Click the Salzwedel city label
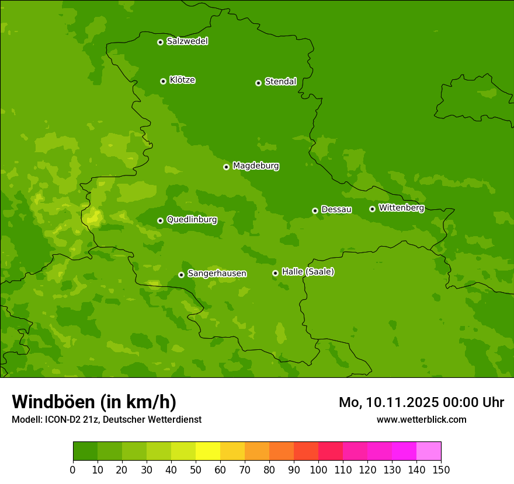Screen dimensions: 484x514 [x=187, y=41]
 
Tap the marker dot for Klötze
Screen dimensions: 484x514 [x=163, y=81]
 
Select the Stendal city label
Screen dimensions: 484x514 [x=280, y=82]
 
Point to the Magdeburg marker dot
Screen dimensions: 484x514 [x=226, y=167]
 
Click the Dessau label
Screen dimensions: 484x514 [x=336, y=209]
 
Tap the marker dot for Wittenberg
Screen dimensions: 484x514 [x=372, y=209]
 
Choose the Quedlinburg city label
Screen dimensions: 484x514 [x=192, y=220]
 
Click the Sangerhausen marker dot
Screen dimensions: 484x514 [x=181, y=275]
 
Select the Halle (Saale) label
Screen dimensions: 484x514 [x=308, y=272]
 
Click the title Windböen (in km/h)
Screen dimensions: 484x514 [x=94, y=402]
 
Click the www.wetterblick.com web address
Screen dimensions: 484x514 [x=421, y=419]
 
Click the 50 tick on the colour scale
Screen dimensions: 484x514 [x=196, y=469]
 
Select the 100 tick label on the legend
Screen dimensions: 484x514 [x=318, y=469]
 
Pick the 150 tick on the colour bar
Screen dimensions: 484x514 [x=441, y=469]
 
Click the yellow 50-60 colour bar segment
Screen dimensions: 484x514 [x=208, y=451]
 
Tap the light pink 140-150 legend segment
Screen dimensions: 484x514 [x=429, y=451]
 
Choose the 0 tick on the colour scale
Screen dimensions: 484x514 [x=73, y=469]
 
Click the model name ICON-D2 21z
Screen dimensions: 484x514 [x=69, y=419]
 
